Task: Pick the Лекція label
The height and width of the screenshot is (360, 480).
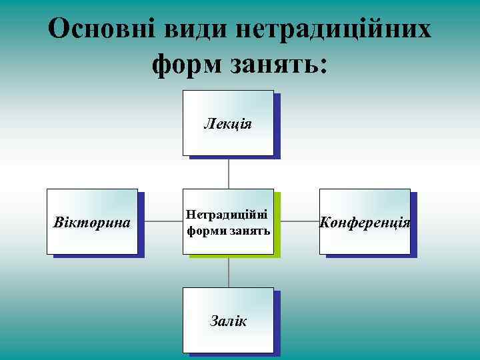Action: [228, 124]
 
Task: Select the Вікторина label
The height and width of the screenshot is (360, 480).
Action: [91, 222]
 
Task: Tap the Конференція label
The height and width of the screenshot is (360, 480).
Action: [365, 222]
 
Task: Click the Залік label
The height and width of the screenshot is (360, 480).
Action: [228, 321]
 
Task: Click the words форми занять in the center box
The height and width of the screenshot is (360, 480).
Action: [228, 231]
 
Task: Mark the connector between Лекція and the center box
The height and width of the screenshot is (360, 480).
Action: [229, 173]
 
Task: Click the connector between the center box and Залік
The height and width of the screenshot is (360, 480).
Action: [229, 271]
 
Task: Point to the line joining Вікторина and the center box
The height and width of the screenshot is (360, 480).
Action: [161, 221]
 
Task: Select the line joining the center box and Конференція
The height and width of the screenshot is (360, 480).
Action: [297, 221]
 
